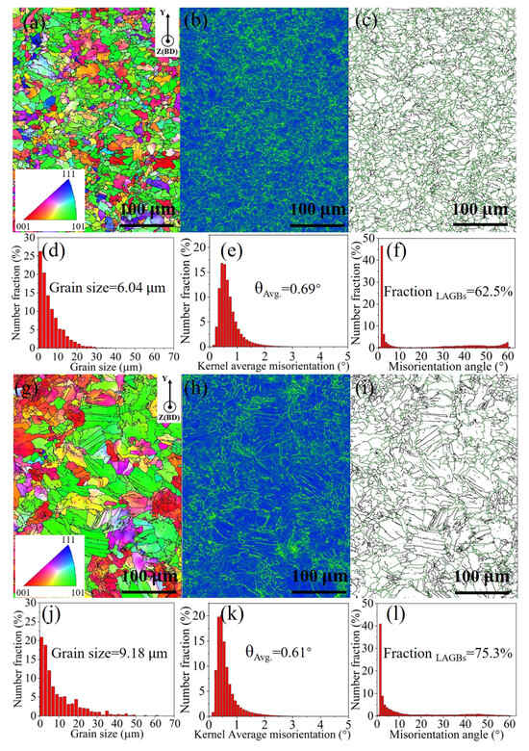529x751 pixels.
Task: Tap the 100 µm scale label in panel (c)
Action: [x=479, y=209]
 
